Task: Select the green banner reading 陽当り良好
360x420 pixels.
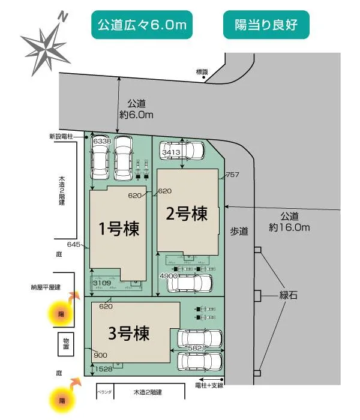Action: pos(266,25)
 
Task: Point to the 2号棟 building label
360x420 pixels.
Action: pos(188,213)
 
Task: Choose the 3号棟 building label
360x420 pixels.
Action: pos(128,332)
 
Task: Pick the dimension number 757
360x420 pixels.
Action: pos(233,175)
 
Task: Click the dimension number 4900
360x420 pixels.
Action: pos(168,275)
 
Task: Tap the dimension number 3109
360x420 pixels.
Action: pos(100,282)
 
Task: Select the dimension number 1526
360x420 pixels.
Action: pos(103,370)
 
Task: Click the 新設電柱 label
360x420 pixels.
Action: pos(61,137)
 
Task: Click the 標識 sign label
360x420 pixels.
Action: pos(201,71)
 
